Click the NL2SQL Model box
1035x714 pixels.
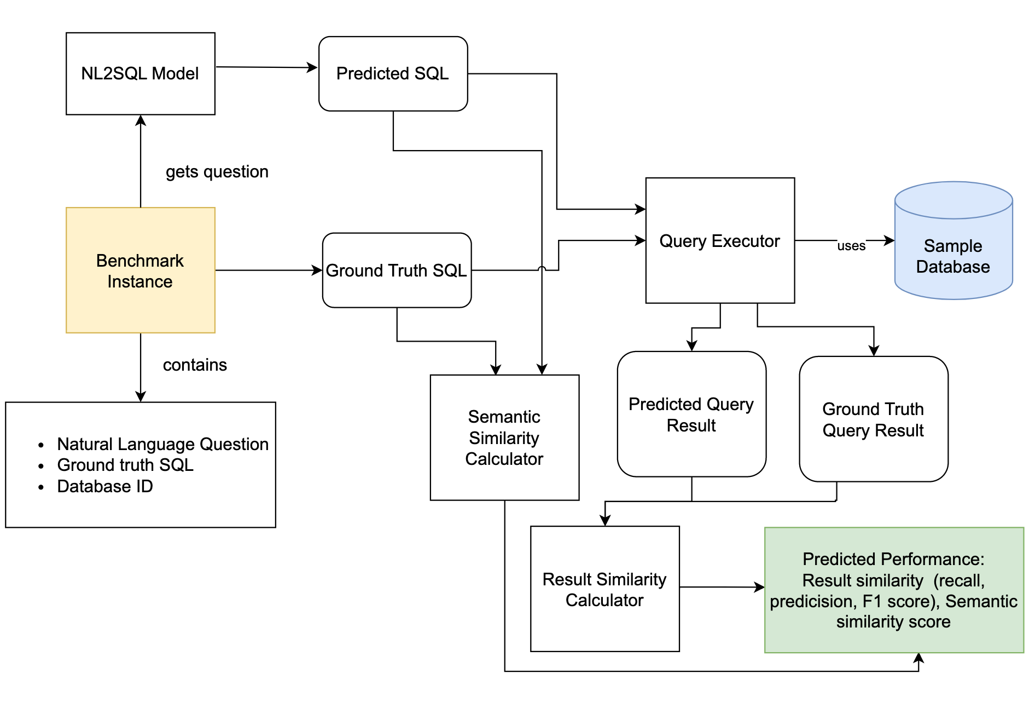pos(140,73)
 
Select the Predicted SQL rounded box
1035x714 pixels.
pos(393,73)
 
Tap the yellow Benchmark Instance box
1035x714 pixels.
pos(140,270)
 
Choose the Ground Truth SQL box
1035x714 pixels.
pos(397,270)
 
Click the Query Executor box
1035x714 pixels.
pos(720,241)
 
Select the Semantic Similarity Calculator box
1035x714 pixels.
pos(504,437)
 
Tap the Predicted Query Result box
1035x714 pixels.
pos(691,414)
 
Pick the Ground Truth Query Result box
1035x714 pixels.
pos(873,419)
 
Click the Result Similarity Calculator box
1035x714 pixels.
pos(604,589)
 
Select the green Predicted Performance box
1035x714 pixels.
pos(893,590)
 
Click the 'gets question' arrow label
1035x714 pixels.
pos(217,171)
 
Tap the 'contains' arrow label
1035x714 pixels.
pos(195,365)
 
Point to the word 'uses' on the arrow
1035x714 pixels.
pos(851,246)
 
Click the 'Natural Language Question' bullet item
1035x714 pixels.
pos(162,444)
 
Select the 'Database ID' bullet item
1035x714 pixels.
pos(105,486)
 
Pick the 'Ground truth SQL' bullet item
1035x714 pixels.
pos(125,465)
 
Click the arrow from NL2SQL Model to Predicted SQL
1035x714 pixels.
pos(266,67)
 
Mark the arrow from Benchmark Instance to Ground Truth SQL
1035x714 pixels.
pos(268,270)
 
